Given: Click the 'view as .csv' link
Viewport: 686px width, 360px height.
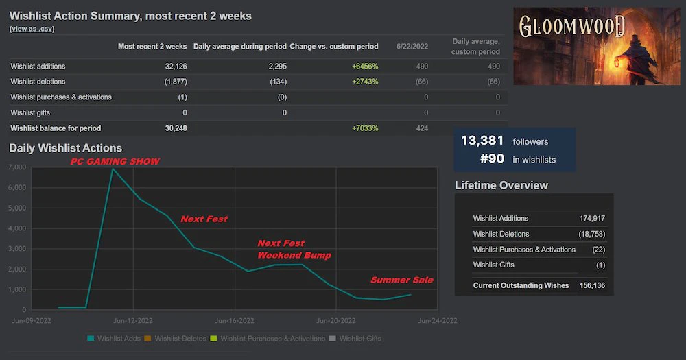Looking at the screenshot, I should click(32, 29).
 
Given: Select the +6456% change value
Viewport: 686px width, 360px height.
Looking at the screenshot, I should click(365, 67).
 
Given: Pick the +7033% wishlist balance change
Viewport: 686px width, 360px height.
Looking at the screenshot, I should click(365, 128).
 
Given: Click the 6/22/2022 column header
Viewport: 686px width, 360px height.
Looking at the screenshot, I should click(412, 47).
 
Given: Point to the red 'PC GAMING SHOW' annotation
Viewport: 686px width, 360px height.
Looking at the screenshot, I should click(115, 162).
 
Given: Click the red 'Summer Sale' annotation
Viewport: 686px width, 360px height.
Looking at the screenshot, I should click(402, 280).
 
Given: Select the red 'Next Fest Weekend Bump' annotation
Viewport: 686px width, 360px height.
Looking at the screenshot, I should click(294, 250).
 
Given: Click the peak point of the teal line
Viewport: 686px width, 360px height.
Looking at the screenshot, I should click(113, 168).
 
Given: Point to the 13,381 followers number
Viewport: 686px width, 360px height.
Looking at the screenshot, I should click(482, 141).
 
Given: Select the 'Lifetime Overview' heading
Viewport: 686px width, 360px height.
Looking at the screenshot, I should click(501, 185).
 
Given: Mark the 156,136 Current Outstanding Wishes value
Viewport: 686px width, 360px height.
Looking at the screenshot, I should click(592, 285).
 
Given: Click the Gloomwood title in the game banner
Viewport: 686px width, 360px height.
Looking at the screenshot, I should click(571, 27).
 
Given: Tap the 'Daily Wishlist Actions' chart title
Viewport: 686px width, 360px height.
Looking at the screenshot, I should click(66, 148).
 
